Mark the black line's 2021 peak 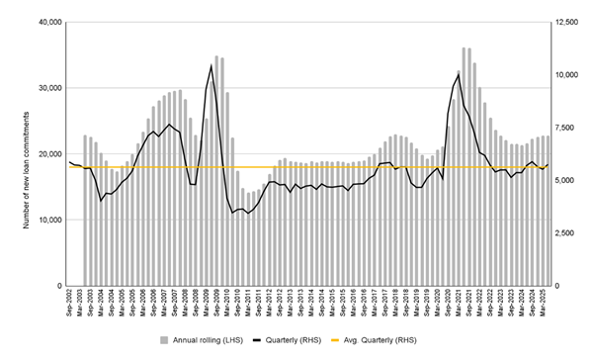458,73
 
